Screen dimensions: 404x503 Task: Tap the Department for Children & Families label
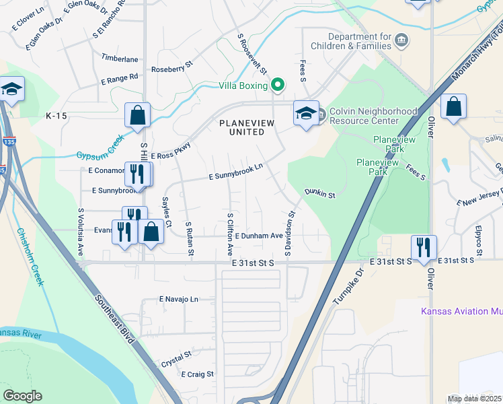[359, 41]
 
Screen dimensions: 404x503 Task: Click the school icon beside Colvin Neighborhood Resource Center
[305, 113]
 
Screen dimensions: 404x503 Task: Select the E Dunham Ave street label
[259, 236]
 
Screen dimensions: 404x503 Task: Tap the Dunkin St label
[319, 194]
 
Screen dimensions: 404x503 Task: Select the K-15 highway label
[56, 116]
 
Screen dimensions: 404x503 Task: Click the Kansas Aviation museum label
[461, 311]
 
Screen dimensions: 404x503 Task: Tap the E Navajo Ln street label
[179, 298]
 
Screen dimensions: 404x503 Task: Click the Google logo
[22, 396]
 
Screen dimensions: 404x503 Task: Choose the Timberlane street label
[120, 59]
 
